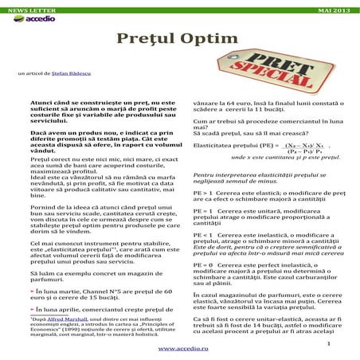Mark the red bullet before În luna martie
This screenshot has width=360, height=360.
tap(32, 269)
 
